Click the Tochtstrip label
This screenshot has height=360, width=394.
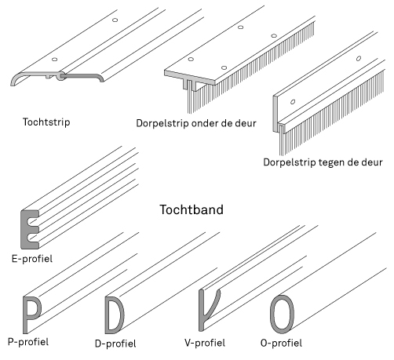(46, 122)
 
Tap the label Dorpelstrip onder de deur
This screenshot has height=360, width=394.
(196, 123)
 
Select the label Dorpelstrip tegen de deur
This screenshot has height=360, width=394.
(323, 162)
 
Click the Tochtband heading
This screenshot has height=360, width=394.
(192, 209)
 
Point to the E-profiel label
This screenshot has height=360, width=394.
(32, 259)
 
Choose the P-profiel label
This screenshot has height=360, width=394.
(28, 342)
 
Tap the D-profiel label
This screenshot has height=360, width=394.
(115, 344)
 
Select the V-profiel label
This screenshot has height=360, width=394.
(205, 343)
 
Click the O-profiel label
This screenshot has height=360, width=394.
(281, 343)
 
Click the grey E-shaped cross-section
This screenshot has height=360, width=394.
(25, 229)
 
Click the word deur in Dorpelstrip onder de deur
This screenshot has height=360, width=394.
(245, 123)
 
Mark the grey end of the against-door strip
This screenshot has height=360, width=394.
(275, 114)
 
